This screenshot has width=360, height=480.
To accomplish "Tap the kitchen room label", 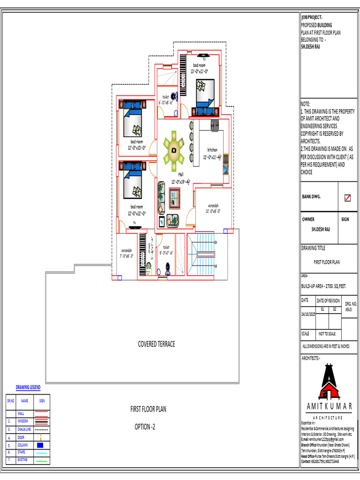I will point(212,150).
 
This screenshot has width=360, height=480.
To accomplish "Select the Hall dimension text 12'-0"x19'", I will point(180,181).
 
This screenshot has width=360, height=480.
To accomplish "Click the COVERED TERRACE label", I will point(157,344).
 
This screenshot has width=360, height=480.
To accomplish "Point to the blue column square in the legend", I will point(40,444).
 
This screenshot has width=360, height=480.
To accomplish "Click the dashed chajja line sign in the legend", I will point(42,429).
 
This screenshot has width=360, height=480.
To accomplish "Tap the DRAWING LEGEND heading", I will point(28,387).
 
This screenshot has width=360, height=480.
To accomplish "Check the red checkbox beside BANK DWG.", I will point(347,198).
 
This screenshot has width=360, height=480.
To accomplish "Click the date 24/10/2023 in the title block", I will point(308,315).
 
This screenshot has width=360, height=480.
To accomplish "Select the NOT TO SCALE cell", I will point(328,334).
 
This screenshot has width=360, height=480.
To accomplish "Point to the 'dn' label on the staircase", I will point(216,242).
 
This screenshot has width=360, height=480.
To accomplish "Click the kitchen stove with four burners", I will point(215,125).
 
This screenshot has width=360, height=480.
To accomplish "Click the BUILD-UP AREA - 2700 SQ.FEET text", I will point(323,285).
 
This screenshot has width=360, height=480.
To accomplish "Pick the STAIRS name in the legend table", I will point(22,452).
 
